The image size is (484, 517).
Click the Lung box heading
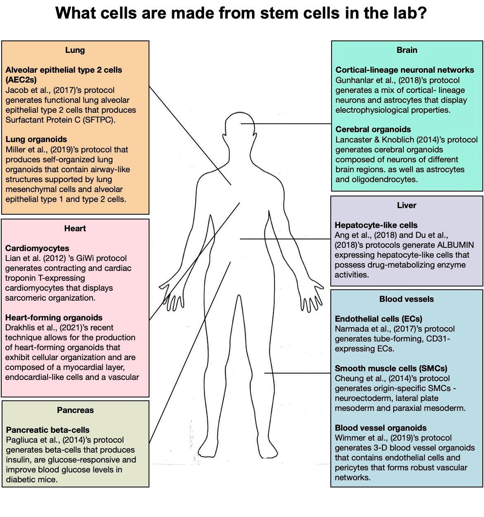pos(75,50)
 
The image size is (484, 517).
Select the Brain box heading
pos(407,50)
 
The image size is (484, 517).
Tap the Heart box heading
pos(75,228)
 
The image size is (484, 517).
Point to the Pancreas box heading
pos(75,410)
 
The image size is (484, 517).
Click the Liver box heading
pos(406,205)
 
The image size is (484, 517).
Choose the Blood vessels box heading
pos(406,299)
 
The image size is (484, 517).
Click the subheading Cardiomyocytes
pos(37,248)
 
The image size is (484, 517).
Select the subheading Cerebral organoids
pos(373,129)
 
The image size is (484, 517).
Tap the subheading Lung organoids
pos(36,139)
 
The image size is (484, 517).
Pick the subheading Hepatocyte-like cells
pos(376,225)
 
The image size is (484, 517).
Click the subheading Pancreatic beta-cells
pos(47,430)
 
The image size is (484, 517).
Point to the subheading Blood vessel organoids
pos(381,428)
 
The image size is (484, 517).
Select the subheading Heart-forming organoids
pos(54,318)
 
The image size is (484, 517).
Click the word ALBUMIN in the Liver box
pos(456,245)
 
